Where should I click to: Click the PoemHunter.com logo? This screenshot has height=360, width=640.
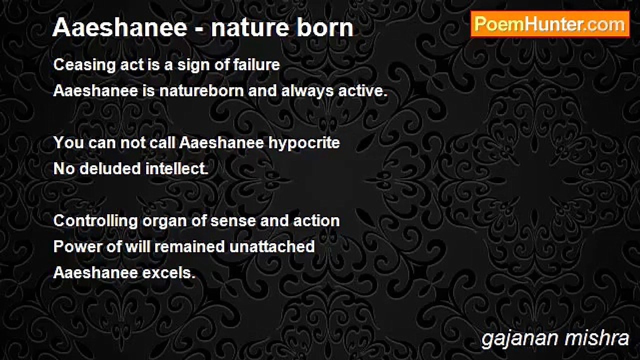coord(550,24)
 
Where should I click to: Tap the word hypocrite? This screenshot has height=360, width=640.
coord(304,142)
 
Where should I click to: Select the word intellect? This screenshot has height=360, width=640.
coord(176,168)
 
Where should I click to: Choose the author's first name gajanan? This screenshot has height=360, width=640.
coord(519,338)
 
